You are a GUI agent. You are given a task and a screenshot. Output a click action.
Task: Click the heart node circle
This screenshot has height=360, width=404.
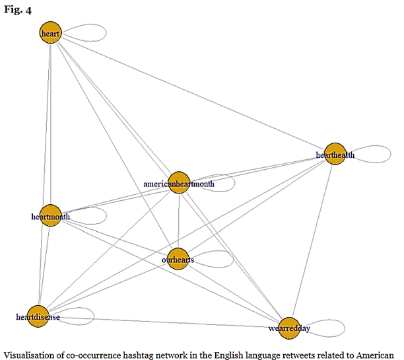[x=50, y=32]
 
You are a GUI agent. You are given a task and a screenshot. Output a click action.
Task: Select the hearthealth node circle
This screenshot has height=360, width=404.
[x=335, y=154]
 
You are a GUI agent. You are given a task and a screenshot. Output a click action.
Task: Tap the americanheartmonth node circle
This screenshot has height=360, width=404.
[x=179, y=182]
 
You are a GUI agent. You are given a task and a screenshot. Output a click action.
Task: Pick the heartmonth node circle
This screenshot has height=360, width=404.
[x=51, y=215]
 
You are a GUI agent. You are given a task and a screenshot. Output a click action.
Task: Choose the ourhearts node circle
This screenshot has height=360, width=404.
[x=178, y=259]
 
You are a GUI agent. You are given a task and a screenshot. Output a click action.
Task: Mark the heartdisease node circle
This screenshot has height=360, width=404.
[x=38, y=316]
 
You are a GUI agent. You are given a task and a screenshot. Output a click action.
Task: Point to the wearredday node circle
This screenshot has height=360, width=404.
[x=289, y=328]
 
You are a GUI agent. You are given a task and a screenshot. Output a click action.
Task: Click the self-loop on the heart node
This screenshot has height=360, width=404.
[x=106, y=33]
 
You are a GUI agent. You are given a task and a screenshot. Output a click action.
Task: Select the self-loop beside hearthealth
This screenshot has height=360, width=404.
[x=391, y=154]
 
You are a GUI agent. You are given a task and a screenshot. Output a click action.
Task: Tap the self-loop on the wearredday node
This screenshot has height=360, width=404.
[x=345, y=328]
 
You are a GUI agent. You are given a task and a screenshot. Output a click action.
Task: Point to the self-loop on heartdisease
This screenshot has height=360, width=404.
[x=94, y=316]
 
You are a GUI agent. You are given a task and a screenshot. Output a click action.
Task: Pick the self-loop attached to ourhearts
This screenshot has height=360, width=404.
[x=234, y=259]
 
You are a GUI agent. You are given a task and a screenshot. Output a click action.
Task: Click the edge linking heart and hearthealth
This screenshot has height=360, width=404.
[x=193, y=93]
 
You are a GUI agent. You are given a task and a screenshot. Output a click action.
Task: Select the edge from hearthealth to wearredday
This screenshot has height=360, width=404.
[x=312, y=241]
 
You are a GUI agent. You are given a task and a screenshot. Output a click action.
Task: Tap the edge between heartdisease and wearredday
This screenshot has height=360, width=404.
[x=163, y=322]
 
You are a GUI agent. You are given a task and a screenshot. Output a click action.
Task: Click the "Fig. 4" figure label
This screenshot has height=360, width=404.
[x=18, y=10]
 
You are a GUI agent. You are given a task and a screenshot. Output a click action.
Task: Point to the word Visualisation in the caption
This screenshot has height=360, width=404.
[x=34, y=355]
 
